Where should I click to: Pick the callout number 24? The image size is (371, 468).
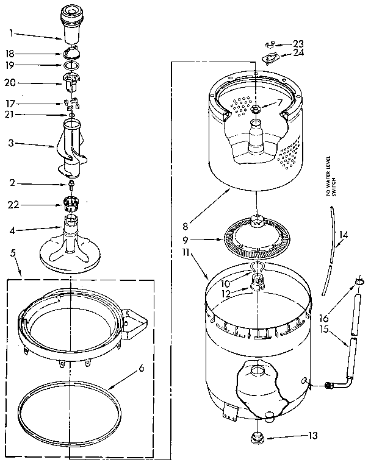click(x=298, y=53)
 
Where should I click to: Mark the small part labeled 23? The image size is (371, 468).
click(x=269, y=44)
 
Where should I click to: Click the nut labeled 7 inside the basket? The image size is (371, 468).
click(x=255, y=110)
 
